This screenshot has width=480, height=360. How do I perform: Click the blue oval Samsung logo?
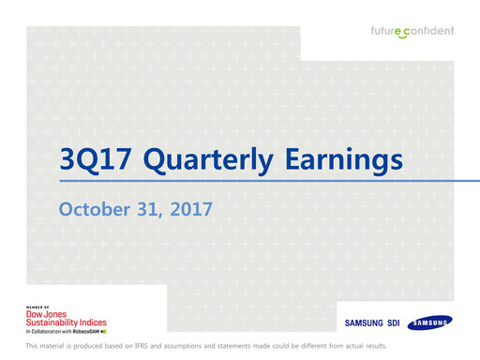click(428, 323)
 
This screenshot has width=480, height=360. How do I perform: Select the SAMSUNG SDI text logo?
click(373, 324)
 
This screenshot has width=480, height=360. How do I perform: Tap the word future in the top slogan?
click(385, 31)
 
